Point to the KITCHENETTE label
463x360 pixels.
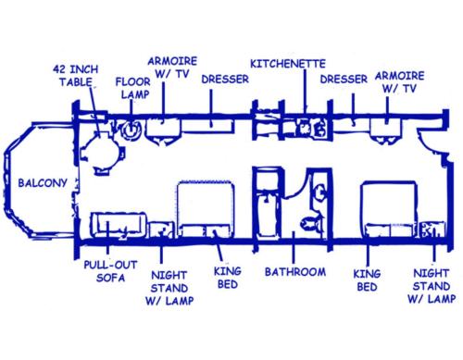(287, 65)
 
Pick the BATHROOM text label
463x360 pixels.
(294, 272)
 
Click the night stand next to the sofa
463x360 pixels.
(161, 230)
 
